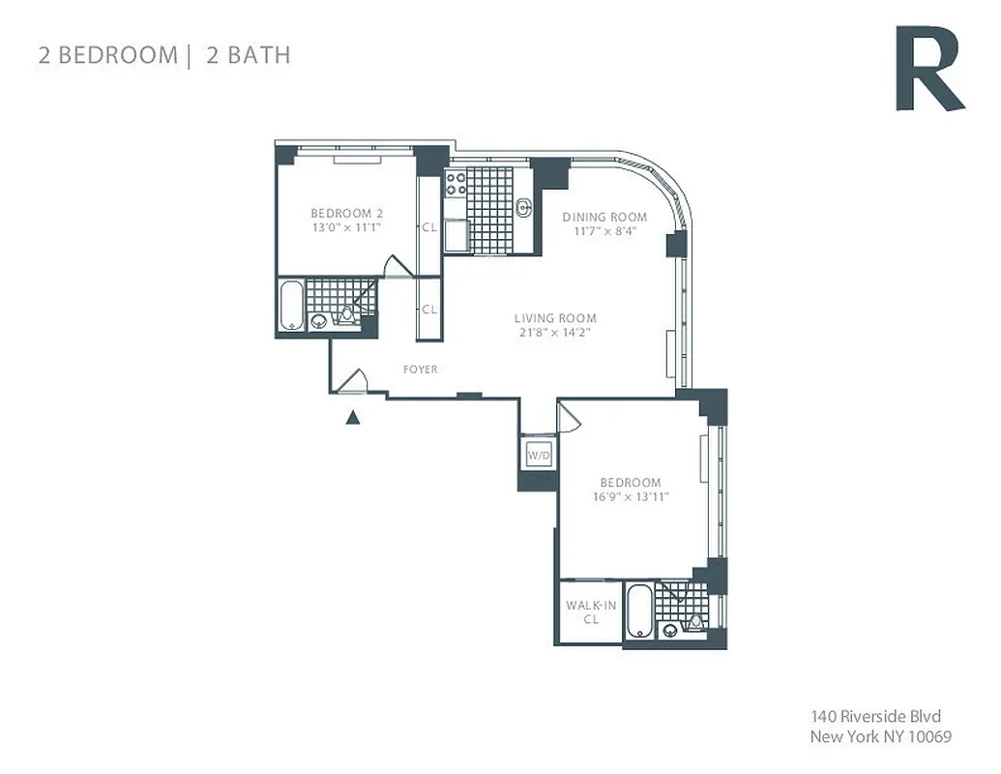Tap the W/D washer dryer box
539,455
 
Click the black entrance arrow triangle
354,418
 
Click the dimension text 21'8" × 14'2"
554,333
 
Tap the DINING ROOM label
604,217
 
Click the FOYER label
421,370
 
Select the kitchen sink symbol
523,206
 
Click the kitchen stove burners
456,184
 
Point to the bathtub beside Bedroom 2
291,305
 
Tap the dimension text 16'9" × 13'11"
631,497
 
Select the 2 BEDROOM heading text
106,54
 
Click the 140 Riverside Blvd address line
875,717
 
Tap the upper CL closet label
428,228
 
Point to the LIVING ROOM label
554,318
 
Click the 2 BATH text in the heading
248,54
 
